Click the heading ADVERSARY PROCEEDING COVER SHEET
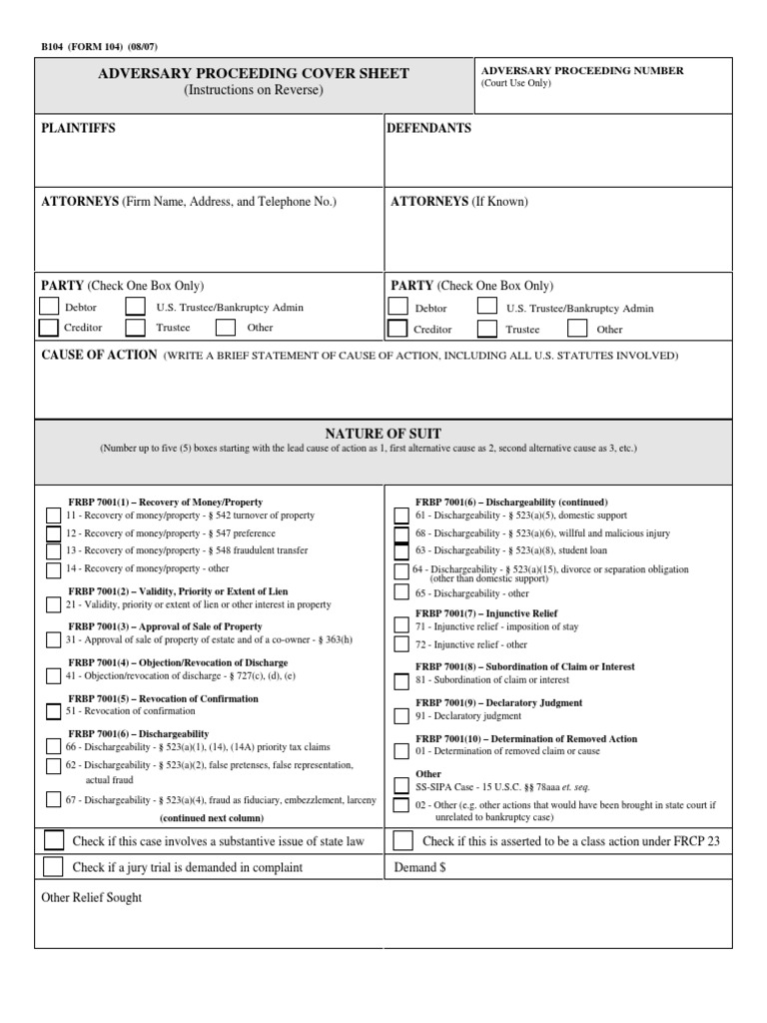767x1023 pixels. pyautogui.click(x=253, y=74)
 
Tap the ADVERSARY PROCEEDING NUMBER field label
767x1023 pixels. pyautogui.click(x=582, y=71)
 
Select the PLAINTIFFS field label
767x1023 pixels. pyautogui.click(x=78, y=129)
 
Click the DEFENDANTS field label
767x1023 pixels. pyautogui.click(x=428, y=129)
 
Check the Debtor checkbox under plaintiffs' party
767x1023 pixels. pyautogui.click(x=48, y=307)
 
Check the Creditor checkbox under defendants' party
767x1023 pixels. pyautogui.click(x=396, y=329)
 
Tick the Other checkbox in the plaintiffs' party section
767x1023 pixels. pyautogui.click(x=226, y=327)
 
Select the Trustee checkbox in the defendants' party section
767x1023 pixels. pyautogui.click(x=487, y=329)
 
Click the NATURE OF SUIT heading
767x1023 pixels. pyautogui.click(x=383, y=433)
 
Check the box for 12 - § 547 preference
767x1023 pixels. pyautogui.click(x=52, y=533)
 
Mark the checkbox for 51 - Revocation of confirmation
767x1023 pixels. pyautogui.click(x=52, y=711)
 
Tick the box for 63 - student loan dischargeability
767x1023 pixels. pyautogui.click(x=400, y=550)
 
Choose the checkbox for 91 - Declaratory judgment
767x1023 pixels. pyautogui.click(x=400, y=716)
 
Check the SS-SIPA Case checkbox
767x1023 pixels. pyautogui.click(x=400, y=785)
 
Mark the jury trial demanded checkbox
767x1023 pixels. pyautogui.click(x=53, y=866)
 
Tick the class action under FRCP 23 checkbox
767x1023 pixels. pyautogui.click(x=402, y=840)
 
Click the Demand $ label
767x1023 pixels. pyautogui.click(x=420, y=867)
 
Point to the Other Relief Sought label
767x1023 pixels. pyautogui.click(x=91, y=897)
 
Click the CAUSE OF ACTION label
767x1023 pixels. pyautogui.click(x=99, y=355)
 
